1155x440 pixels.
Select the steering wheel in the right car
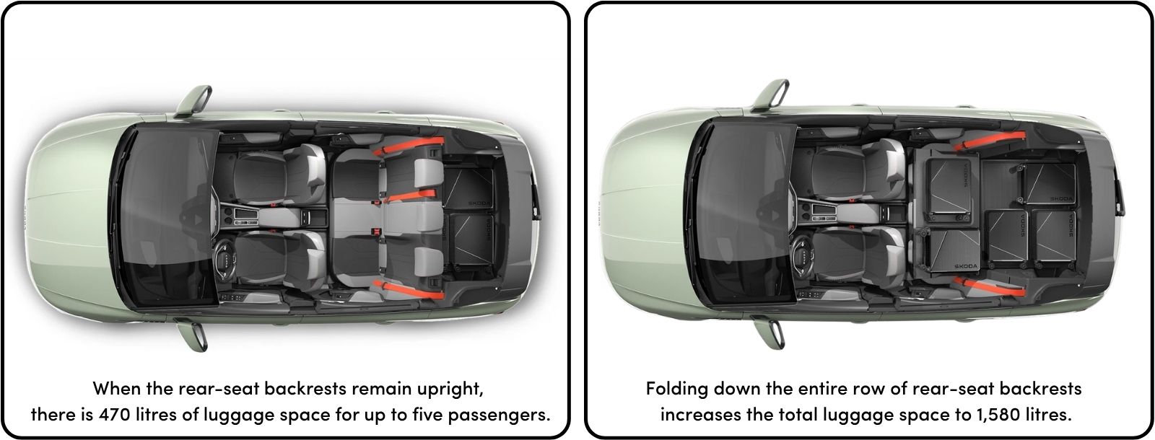tap(801, 255)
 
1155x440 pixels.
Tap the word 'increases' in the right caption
tap(696, 416)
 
